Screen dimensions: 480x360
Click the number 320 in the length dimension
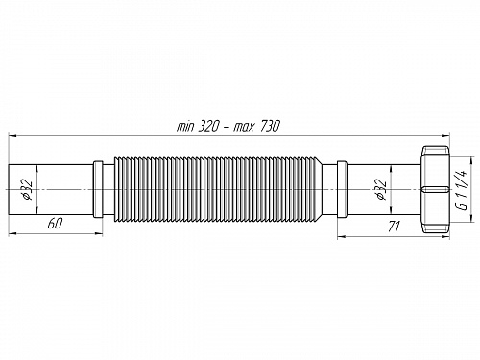pos(208,127)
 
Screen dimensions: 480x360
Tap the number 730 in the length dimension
pos(269,127)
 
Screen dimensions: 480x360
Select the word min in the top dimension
pos(185,127)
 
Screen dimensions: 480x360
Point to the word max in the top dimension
pos(244,128)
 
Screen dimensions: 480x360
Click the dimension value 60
pos(55,223)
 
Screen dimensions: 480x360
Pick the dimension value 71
pos(394,227)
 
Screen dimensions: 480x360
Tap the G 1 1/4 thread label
pos(463,189)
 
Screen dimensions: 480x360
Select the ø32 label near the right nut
pos(381,189)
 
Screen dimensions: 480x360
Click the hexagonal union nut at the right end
pos(436,189)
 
